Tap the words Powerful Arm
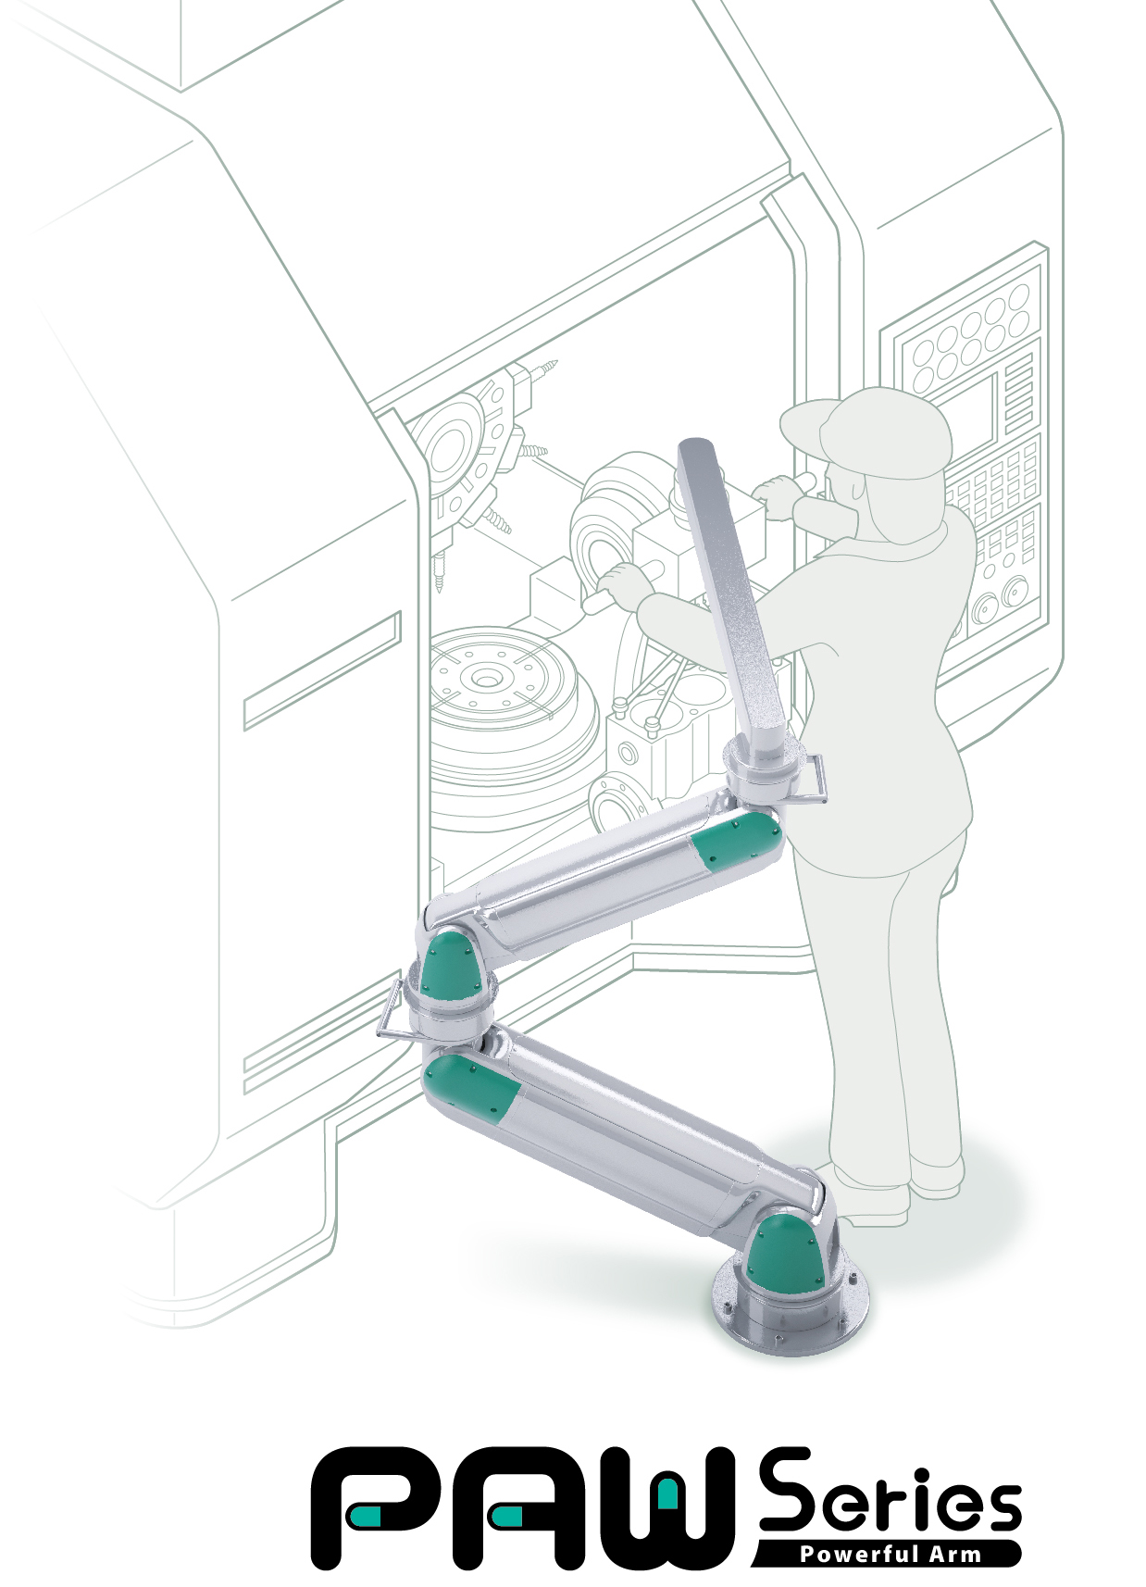click(x=891, y=1555)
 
